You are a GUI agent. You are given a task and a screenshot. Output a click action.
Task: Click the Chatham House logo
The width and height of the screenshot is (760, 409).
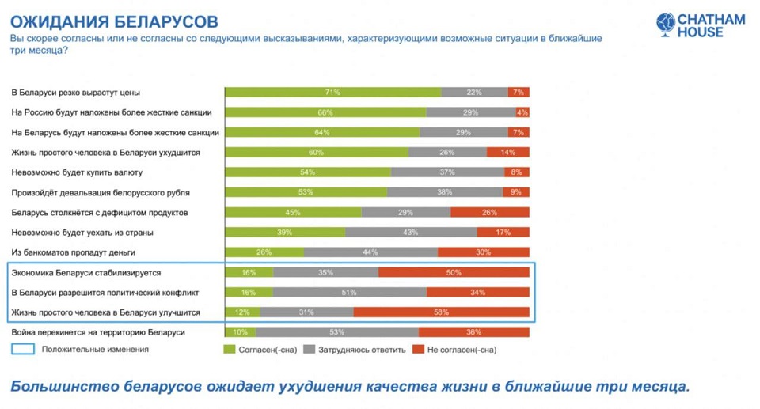(x=700, y=25)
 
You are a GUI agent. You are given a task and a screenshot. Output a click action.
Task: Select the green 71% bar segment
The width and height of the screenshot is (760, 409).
(x=332, y=92)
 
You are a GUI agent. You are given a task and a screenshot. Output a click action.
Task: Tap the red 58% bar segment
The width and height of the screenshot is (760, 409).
(x=441, y=312)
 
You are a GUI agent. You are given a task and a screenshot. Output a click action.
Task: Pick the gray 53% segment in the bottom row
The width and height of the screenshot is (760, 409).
(x=337, y=332)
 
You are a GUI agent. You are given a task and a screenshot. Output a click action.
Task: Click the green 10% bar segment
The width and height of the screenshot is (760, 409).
(x=240, y=332)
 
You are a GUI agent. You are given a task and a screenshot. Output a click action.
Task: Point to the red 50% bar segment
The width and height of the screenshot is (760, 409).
(x=454, y=272)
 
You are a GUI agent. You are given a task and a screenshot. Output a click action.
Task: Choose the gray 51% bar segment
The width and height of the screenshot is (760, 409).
(x=349, y=292)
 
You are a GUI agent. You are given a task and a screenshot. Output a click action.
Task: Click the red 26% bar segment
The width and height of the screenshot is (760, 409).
(x=490, y=212)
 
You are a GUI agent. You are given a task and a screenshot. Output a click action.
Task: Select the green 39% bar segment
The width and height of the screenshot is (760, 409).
(x=285, y=232)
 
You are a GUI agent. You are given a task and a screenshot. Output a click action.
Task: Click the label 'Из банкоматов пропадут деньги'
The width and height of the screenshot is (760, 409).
(x=73, y=252)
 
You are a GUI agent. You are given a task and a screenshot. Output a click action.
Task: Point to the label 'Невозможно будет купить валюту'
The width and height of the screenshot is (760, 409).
(x=77, y=172)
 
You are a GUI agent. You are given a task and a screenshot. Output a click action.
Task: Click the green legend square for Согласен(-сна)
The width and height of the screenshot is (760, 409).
(x=230, y=349)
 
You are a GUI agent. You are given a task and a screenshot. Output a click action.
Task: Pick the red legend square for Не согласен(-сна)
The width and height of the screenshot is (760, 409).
(x=420, y=349)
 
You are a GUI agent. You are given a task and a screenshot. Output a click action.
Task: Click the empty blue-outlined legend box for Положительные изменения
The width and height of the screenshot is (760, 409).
(x=24, y=349)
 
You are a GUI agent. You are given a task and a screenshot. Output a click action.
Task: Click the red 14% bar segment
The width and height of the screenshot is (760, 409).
(x=507, y=152)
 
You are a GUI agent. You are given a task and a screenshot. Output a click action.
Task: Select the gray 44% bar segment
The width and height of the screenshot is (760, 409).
(x=370, y=252)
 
